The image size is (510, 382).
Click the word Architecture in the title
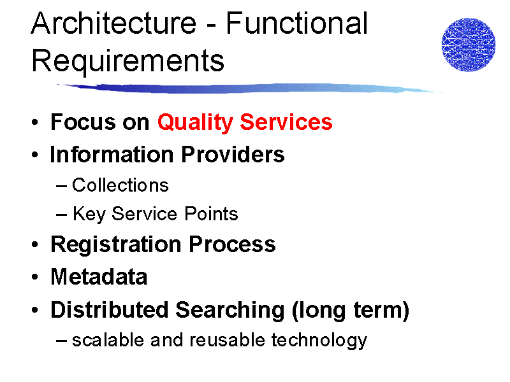(x=114, y=23)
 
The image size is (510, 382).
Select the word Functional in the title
(x=296, y=23)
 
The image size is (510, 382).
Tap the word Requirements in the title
(x=128, y=60)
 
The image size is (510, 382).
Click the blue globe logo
(x=469, y=45)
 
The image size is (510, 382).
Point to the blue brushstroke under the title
(x=249, y=88)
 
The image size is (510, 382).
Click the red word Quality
(x=195, y=123)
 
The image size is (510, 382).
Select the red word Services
(x=286, y=122)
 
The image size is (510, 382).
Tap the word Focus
(x=84, y=122)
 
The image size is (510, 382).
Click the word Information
(x=112, y=154)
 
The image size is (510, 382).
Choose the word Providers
(x=233, y=154)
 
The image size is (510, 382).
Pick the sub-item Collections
(x=120, y=185)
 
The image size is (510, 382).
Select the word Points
(x=211, y=214)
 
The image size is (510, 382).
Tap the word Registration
(x=116, y=245)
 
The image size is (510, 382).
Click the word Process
(x=232, y=244)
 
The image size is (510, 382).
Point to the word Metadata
(x=99, y=277)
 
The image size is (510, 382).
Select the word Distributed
(x=110, y=309)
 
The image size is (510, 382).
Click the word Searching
(x=230, y=311)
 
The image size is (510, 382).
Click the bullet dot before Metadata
(x=35, y=277)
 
